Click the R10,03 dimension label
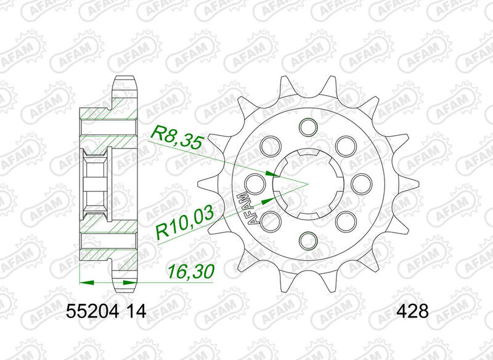184,224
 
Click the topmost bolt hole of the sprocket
305,128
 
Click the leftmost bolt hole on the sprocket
251,182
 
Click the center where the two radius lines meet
305,183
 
